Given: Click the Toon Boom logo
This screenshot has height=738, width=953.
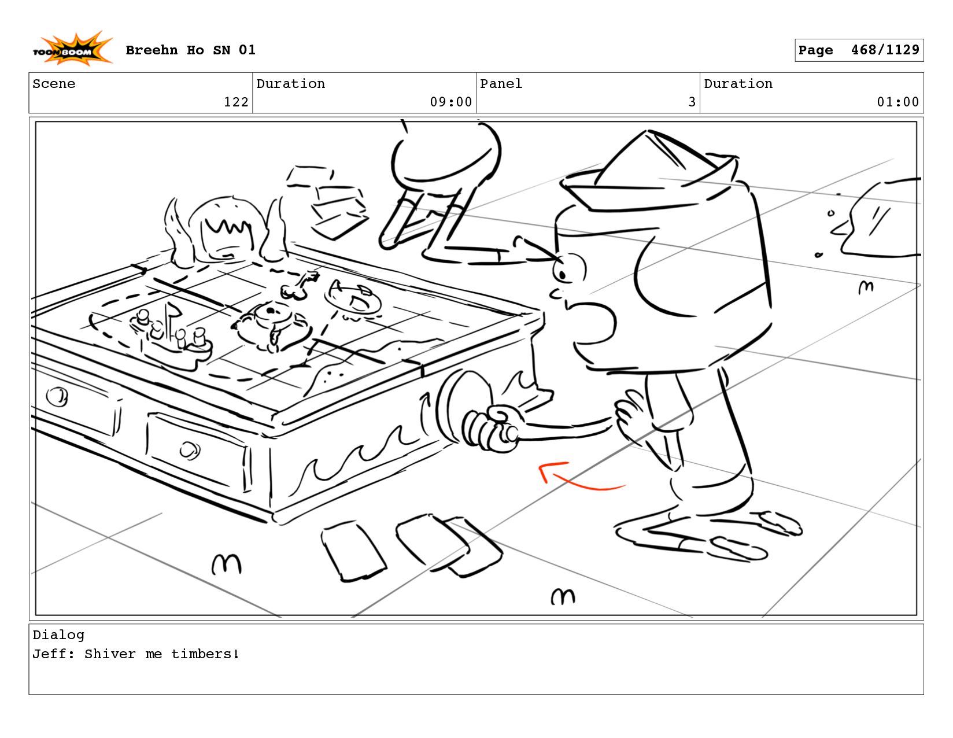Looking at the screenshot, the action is click(x=73, y=49).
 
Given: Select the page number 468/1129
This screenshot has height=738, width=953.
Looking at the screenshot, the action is click(x=885, y=50).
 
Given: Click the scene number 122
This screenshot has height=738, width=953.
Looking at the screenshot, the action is click(x=236, y=102).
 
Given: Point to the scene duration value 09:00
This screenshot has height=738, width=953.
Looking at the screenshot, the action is click(x=450, y=102).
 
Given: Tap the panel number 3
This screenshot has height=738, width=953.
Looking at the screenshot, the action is click(x=692, y=102).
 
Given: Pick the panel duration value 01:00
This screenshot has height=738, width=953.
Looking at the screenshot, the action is click(x=897, y=102).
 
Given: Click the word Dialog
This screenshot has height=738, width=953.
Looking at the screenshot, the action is click(x=58, y=634).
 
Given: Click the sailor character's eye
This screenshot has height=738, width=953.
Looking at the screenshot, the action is click(x=569, y=267).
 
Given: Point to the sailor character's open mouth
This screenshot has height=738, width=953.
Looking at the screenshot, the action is click(x=592, y=324).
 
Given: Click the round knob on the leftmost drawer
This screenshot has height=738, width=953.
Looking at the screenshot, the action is click(x=57, y=397).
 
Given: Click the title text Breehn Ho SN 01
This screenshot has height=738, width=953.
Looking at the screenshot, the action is click(x=190, y=50).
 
